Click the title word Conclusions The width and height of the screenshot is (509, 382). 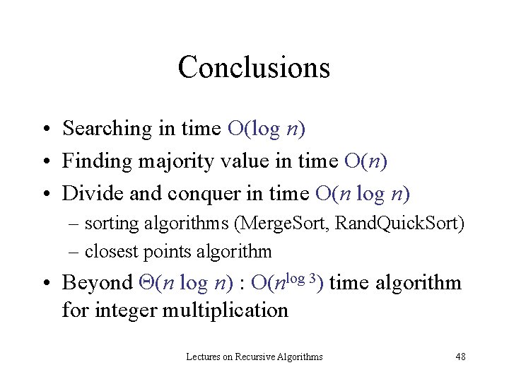click(254, 67)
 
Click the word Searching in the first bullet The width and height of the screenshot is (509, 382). click(107, 129)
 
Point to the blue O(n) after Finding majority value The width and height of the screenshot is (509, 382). click(365, 161)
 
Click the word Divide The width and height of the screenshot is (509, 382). click(88, 193)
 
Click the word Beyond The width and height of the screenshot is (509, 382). click(97, 283)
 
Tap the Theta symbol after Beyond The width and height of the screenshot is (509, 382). click(146, 283)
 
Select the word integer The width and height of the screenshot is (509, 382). click(128, 310)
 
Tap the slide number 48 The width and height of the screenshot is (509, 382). click(460, 357)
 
